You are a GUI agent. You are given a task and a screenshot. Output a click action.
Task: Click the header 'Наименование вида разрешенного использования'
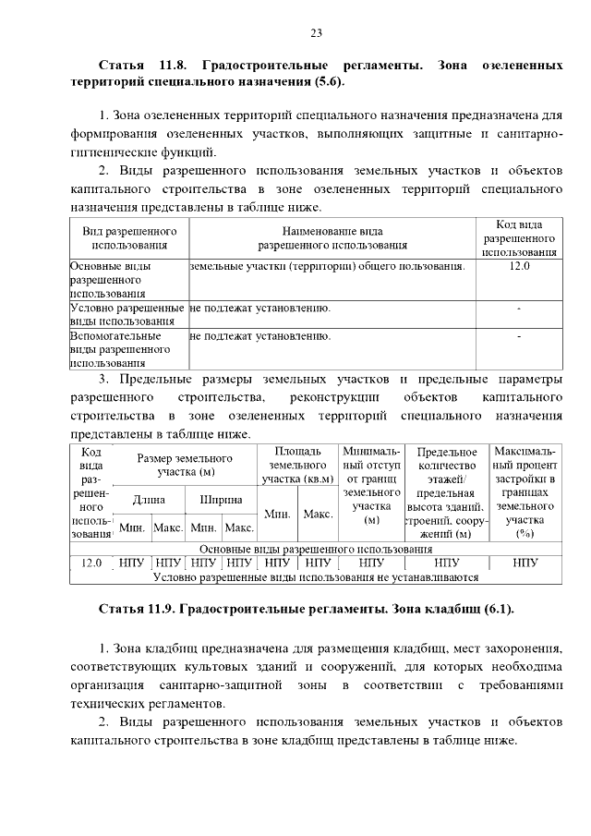click(332, 237)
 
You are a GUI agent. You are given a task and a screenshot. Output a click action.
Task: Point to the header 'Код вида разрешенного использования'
click(519, 237)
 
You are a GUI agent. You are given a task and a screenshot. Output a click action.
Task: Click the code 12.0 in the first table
click(519, 266)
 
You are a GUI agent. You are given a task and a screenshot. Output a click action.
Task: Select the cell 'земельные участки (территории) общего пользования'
click(326, 266)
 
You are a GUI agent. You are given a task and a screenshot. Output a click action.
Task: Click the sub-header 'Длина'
click(149, 500)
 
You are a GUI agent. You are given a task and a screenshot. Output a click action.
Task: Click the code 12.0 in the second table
click(91, 562)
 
